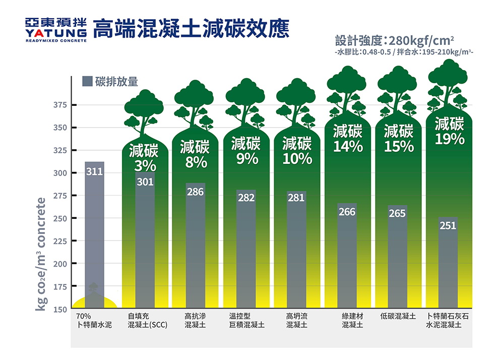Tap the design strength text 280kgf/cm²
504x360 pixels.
click(x=421, y=40)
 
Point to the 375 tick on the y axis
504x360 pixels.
click(x=62, y=105)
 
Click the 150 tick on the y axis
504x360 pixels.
click(x=62, y=309)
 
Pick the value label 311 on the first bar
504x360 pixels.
click(x=94, y=171)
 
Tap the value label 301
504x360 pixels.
click(x=145, y=182)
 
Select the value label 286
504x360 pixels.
click(x=195, y=192)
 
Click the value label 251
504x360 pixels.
click(x=448, y=225)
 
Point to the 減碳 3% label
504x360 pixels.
click(x=144, y=158)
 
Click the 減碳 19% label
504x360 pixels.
click(x=449, y=131)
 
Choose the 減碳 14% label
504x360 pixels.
click(x=348, y=139)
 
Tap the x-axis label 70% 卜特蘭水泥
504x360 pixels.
click(x=91, y=320)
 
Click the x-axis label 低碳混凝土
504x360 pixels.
click(x=398, y=316)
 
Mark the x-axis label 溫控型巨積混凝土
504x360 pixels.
click(x=246, y=320)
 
